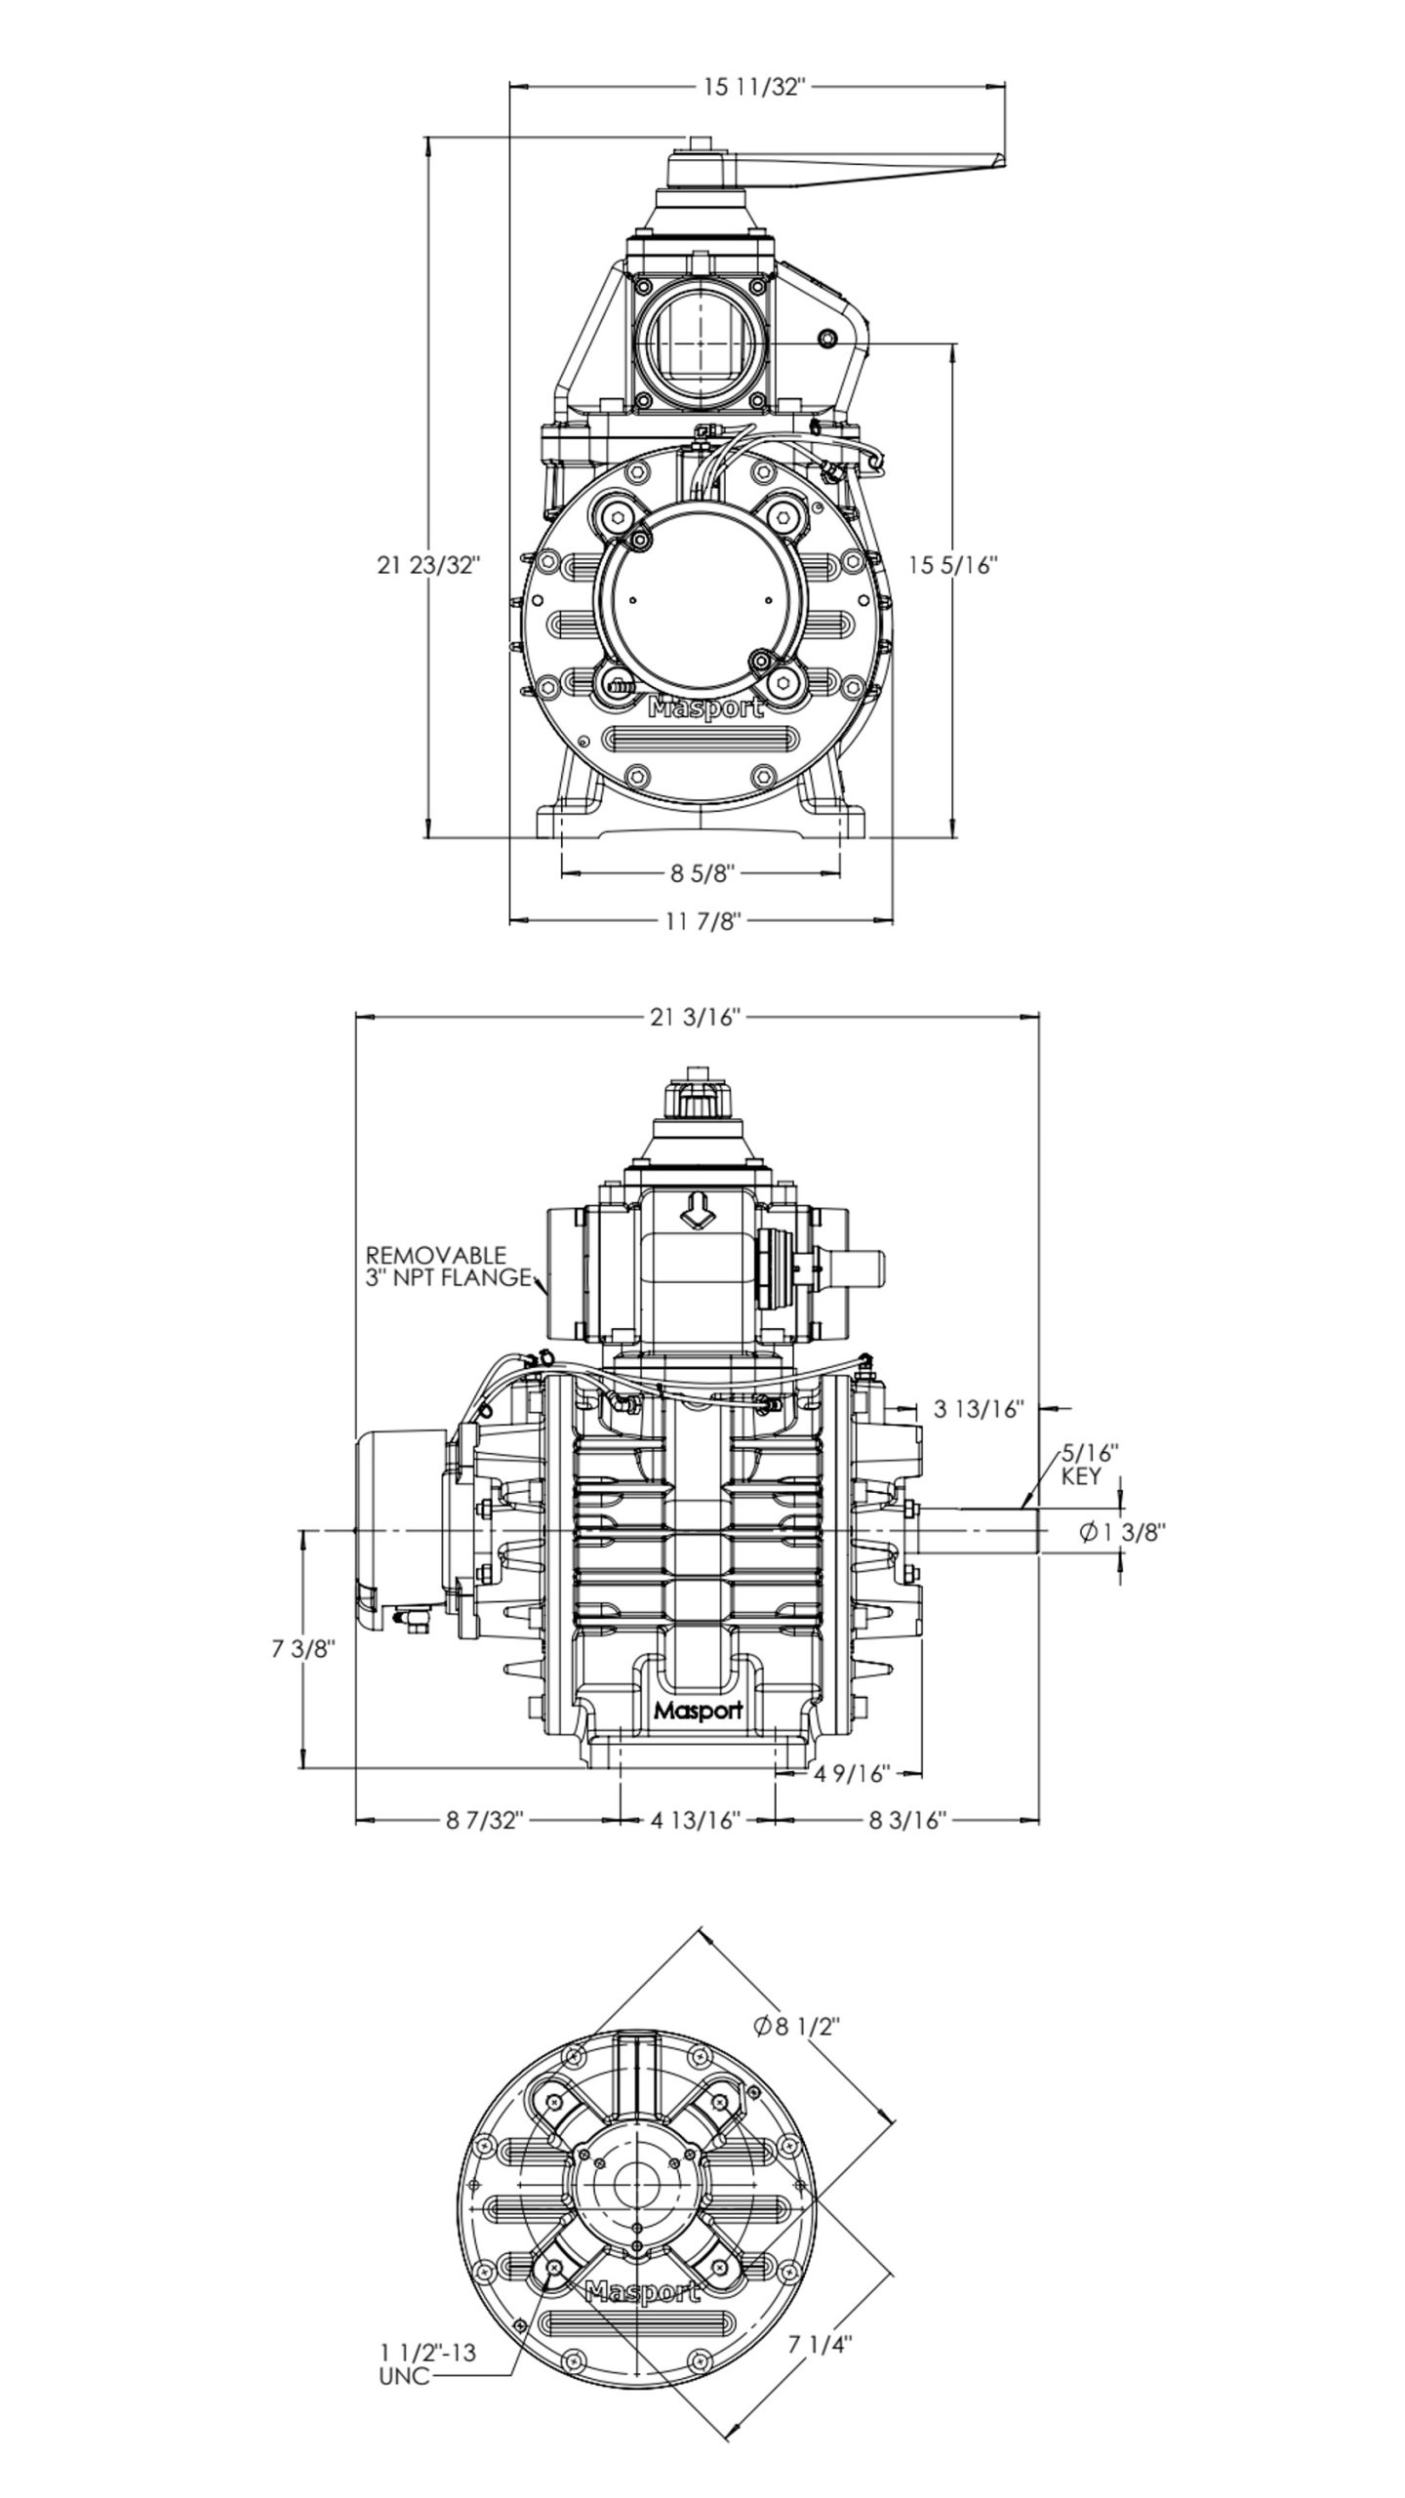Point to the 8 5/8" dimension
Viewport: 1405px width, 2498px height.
pos(701,873)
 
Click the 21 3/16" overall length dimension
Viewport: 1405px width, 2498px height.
pos(697,1018)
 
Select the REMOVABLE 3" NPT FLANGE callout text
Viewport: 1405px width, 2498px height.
pos(448,1266)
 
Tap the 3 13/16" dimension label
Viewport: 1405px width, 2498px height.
pos(979,1409)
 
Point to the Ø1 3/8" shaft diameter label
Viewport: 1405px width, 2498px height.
pos(1122,1532)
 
